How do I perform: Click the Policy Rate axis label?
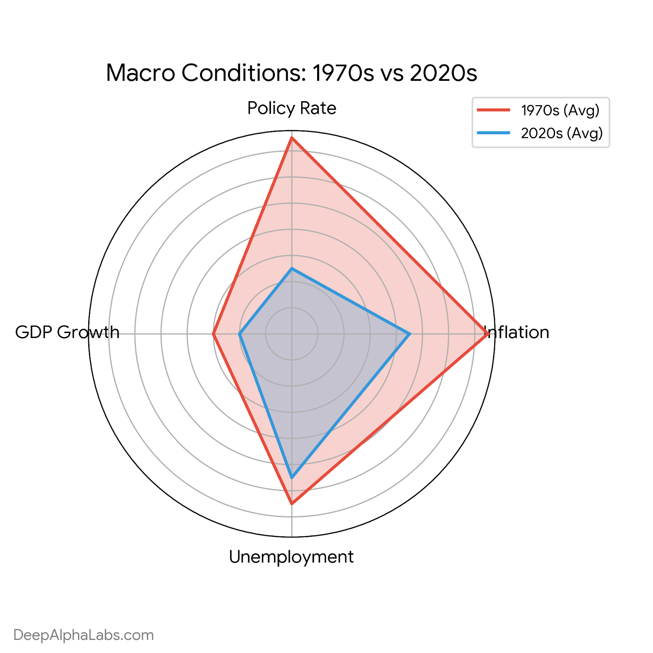[292, 108]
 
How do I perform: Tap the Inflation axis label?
[517, 332]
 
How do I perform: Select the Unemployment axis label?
[291, 557]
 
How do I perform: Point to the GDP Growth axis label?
[67, 332]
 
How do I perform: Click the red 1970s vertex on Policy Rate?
[291, 138]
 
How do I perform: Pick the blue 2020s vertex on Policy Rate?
[291, 269]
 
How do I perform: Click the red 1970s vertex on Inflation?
[487, 334]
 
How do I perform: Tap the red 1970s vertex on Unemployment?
[291, 504]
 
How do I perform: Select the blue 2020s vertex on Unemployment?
[291, 477]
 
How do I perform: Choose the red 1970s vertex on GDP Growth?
[213, 334]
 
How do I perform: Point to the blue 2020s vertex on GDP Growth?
[240, 334]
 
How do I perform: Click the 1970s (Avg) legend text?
[560, 110]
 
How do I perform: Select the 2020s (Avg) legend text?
[562, 133]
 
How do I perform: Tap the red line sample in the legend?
[494, 110]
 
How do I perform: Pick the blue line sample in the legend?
[494, 133]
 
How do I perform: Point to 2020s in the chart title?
[444, 73]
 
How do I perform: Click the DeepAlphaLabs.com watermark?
[84, 635]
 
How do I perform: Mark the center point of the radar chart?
[291, 334]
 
